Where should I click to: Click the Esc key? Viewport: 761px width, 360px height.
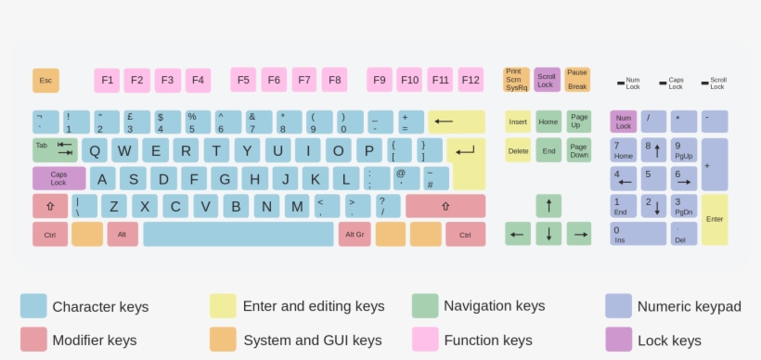[x=45, y=81]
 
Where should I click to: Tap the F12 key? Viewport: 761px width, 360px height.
[x=471, y=81]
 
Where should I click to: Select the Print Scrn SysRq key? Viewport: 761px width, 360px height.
[x=516, y=81]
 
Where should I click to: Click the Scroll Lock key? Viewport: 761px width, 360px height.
[x=547, y=81]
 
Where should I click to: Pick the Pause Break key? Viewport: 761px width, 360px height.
[x=577, y=81]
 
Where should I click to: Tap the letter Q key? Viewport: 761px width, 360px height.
[x=95, y=150]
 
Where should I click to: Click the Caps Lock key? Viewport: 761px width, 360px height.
[x=59, y=178]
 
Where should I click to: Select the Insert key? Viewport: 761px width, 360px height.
[x=518, y=122]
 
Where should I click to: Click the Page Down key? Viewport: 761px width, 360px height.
[x=579, y=150]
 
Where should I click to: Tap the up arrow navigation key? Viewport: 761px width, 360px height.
[x=548, y=206]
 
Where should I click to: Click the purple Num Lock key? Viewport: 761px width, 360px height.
[x=624, y=122]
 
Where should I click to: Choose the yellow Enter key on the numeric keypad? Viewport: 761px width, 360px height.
[x=715, y=220]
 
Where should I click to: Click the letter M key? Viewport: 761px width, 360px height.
[x=296, y=206]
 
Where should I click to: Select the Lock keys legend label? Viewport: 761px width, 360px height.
[x=669, y=341]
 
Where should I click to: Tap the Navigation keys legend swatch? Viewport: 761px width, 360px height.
[x=425, y=306]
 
